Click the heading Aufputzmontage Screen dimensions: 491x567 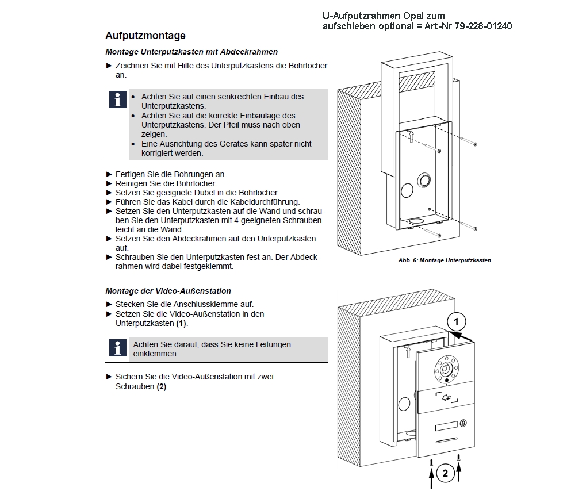coord(145,36)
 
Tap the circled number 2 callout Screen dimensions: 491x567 coord(445,473)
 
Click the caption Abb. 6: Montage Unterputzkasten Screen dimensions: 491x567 coord(444,260)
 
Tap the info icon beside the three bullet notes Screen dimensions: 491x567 coord(117,100)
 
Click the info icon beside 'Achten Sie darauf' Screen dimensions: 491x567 coord(117,347)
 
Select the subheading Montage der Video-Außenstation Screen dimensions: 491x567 coord(168,291)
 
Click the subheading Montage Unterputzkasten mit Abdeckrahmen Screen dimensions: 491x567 coord(191,52)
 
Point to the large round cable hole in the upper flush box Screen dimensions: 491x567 coord(425,180)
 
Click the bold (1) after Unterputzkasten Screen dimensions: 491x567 coord(182,323)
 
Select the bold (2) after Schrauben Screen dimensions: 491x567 coord(162,386)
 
